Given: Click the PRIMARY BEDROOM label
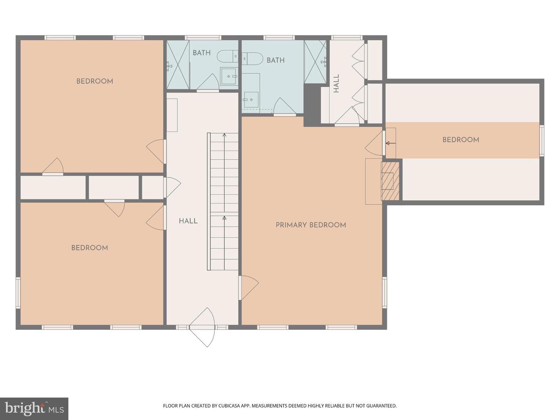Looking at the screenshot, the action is coord(311,225).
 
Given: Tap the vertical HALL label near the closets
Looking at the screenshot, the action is coord(336,83).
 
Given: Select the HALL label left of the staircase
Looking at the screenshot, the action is coord(188,221).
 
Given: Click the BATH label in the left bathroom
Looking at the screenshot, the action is coord(201,53).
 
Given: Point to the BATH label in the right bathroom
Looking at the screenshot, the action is coord(276,60).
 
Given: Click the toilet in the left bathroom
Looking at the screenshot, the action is coord(227,56).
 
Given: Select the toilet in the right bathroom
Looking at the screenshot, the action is coord(252,59).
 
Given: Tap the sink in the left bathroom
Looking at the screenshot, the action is coord(229,76).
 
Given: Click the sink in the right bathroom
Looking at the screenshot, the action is coord(250,99).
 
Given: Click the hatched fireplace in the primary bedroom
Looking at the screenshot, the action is coord(390,181).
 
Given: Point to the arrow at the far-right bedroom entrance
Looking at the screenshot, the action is coord(390,143).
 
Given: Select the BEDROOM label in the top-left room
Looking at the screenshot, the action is coord(94,81).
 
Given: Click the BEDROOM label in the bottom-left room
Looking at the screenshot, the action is coord(89,248).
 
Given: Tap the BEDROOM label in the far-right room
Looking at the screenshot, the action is coord(461,140).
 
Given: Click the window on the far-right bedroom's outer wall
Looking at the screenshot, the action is coord(542,140).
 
